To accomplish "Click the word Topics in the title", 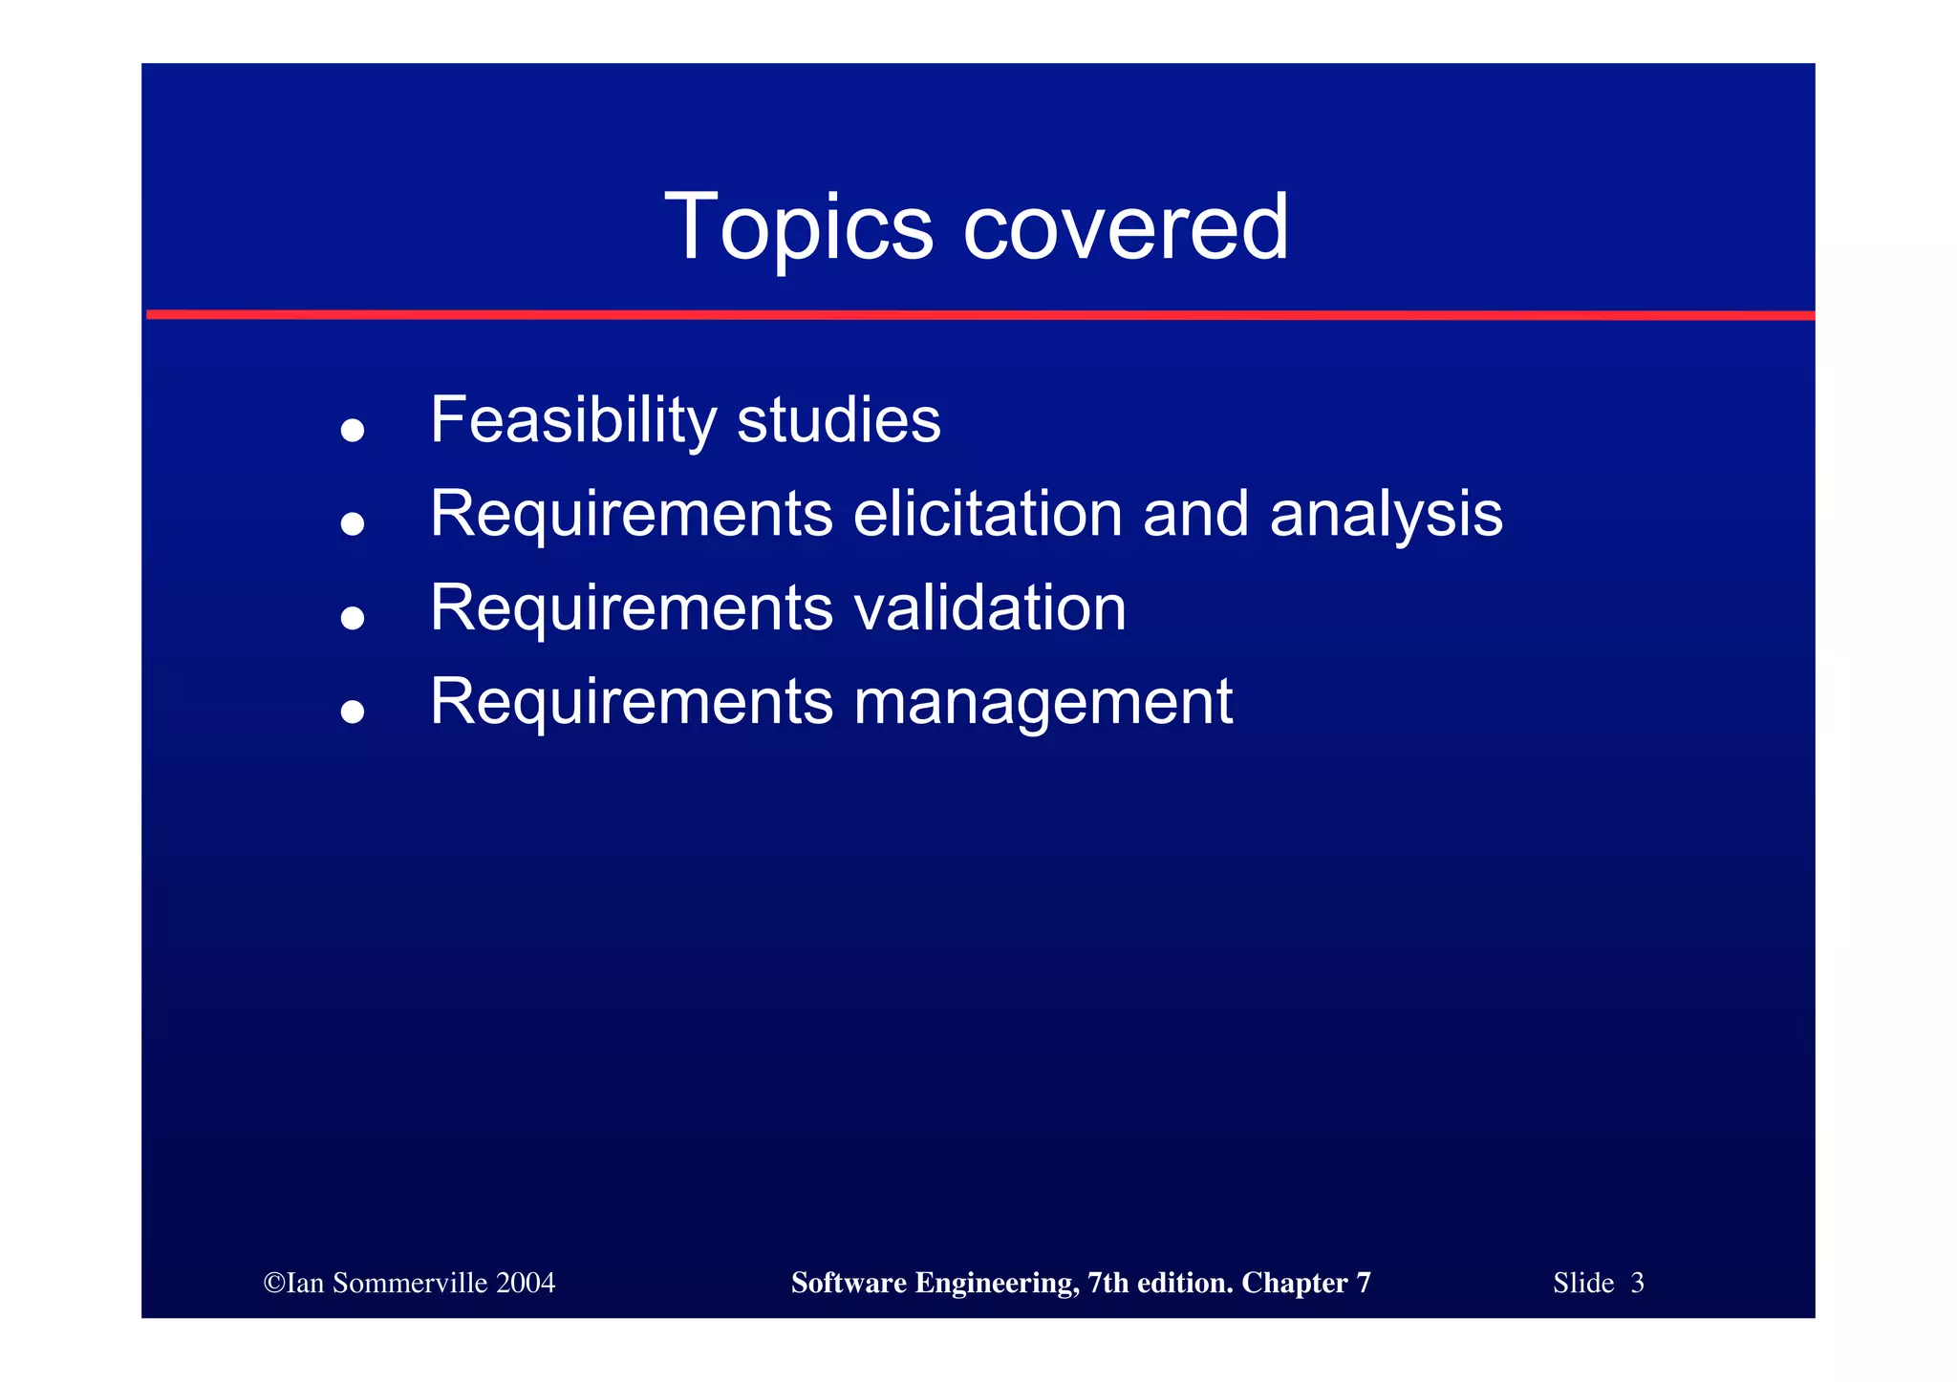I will pyautogui.click(x=798, y=227).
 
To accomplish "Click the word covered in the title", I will pyautogui.click(x=1126, y=227).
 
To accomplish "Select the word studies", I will pyautogui.click(x=838, y=420).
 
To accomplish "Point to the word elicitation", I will pyautogui.click(x=987, y=514).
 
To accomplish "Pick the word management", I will pyautogui.click(x=1043, y=703).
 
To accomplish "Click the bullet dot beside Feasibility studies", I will pyautogui.click(x=353, y=430).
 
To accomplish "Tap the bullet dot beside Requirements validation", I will pyautogui.click(x=353, y=618).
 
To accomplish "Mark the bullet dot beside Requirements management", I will pyautogui.click(x=353, y=712).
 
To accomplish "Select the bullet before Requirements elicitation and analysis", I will pyautogui.click(x=353, y=523).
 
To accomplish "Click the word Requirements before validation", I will pyautogui.click(x=631, y=607).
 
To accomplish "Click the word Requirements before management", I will pyautogui.click(x=631, y=702).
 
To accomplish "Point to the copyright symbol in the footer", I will pyautogui.click(x=273, y=1283).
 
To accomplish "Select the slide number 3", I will pyautogui.click(x=1637, y=1283).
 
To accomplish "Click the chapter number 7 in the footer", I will pyautogui.click(x=1363, y=1283).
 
